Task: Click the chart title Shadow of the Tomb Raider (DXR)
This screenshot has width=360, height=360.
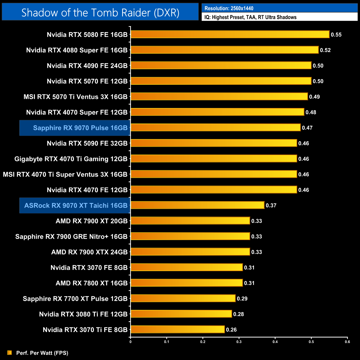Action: [100, 13]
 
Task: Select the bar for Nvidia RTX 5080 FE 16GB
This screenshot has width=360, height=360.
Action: [230, 34]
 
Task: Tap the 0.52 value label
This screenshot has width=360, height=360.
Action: [325, 50]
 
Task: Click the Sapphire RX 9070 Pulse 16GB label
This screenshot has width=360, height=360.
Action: [80, 128]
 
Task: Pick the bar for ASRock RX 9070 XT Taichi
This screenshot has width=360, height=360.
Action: [197, 205]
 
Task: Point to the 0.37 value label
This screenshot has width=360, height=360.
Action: [271, 205]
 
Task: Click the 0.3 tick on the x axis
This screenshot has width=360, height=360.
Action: [239, 342]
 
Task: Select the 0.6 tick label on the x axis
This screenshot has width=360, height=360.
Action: [347, 342]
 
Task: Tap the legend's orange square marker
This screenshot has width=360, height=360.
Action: [10, 353]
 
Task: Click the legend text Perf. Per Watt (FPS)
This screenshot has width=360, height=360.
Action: [42, 353]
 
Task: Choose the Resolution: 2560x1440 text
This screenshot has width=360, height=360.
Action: [229, 8]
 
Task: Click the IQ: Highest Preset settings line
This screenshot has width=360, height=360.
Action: [250, 17]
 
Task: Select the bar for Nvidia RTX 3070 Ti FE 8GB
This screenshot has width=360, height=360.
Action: [178, 329]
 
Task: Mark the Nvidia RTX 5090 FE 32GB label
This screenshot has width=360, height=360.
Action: [87, 143]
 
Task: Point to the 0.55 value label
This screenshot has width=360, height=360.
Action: [336, 35]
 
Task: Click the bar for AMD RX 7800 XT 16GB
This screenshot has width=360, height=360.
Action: [187, 283]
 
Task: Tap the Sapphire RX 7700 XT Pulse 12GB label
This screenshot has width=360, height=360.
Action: [75, 299]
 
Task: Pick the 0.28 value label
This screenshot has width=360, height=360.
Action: [238, 314]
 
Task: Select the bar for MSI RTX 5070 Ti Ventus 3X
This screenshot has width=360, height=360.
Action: [219, 96]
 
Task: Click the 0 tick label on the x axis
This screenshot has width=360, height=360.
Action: [130, 342]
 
